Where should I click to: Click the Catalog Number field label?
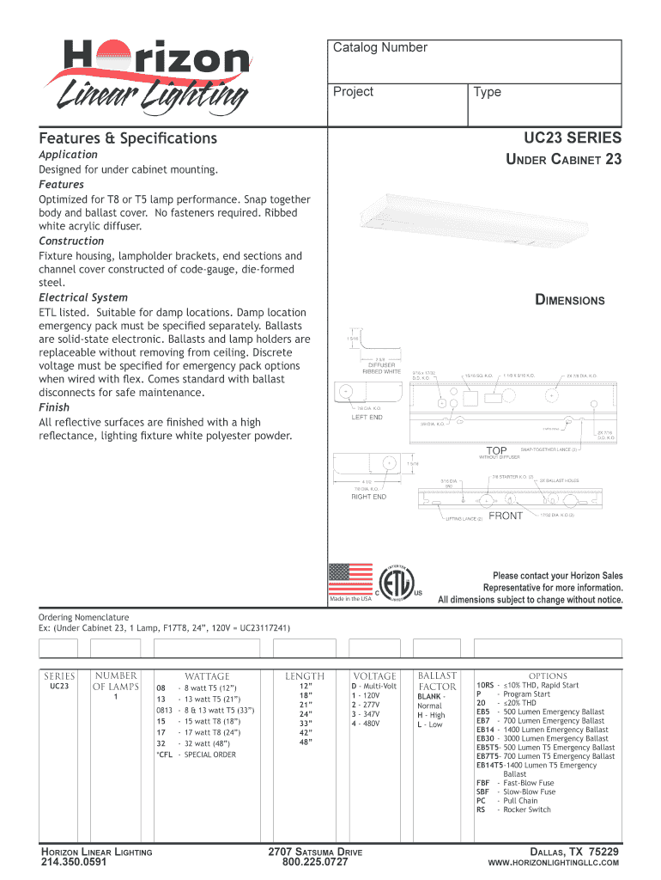pyautogui.click(x=379, y=47)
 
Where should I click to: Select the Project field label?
pyautogui.click(x=353, y=92)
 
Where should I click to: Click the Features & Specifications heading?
pyautogui.click(x=128, y=138)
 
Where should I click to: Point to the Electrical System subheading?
pyautogui.click(x=83, y=297)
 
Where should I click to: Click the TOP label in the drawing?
pyautogui.click(x=497, y=450)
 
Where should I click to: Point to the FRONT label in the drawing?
pyautogui.click(x=506, y=516)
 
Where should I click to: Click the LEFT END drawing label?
pyautogui.click(x=367, y=417)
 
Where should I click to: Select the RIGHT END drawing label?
pyautogui.click(x=368, y=497)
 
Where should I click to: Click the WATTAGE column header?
pyautogui.click(x=207, y=676)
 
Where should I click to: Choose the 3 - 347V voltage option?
pyautogui.click(x=367, y=713)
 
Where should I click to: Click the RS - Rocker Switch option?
pyautogui.click(x=513, y=810)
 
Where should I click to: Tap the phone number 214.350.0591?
pyautogui.click(x=74, y=862)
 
